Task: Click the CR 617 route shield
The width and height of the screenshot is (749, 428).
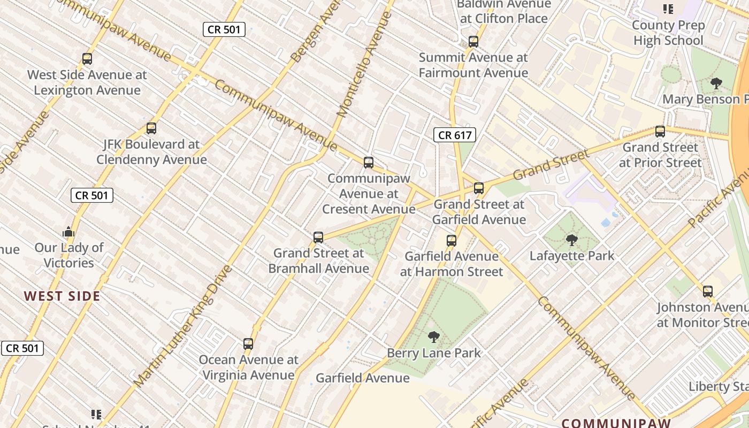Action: point(455,135)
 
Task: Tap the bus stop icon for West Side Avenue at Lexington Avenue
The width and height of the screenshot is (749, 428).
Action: point(87,59)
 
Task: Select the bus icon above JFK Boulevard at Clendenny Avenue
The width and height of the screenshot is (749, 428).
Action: point(151,128)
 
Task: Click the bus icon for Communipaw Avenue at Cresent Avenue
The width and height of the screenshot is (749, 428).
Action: point(369,163)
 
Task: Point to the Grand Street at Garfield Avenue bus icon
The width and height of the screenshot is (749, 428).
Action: point(479,188)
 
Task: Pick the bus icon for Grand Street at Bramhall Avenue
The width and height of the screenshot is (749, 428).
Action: point(318,237)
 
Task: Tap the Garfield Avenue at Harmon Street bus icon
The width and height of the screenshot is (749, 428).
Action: point(452,241)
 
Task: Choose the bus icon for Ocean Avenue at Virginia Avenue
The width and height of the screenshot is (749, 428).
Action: point(248,343)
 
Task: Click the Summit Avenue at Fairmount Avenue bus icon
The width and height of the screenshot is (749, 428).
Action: point(473,42)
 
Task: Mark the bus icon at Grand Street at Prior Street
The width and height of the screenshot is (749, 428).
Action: point(660,132)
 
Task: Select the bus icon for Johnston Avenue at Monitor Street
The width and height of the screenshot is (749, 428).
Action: point(708,292)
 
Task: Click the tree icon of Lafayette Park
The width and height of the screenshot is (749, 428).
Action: point(572,240)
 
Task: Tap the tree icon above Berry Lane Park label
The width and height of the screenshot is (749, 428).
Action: point(434,337)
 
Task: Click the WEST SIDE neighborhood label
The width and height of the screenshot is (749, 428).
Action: point(62,296)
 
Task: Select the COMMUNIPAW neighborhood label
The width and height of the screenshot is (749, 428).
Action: point(616,423)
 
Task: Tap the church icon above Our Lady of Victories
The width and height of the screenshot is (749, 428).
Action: point(68,232)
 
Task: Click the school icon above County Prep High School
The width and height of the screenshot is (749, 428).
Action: point(668,9)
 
